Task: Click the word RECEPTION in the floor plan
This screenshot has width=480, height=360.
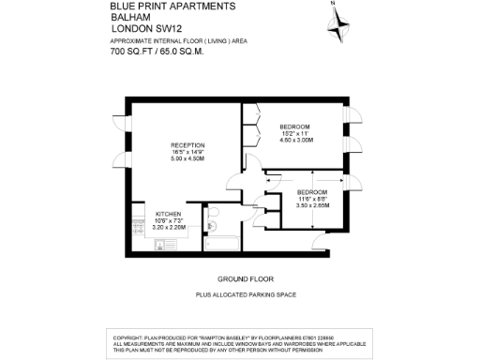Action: pos(187,144)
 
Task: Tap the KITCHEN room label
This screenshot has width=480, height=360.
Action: pos(169,214)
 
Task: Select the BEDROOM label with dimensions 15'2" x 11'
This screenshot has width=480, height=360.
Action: pos(294,126)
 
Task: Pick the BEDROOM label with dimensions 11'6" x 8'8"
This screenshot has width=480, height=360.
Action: pos(312,192)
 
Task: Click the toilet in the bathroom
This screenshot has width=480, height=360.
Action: pos(214,222)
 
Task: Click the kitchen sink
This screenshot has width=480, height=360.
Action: pos(159,246)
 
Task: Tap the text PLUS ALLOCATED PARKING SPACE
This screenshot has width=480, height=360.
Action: pos(246,295)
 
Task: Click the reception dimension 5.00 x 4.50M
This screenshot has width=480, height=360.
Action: pos(187,158)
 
